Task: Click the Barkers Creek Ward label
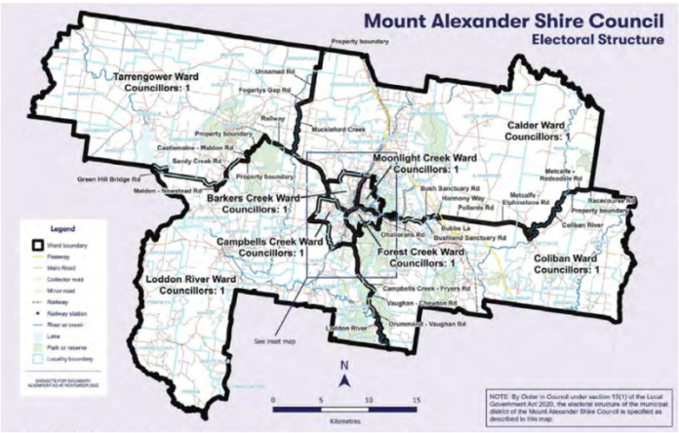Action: (x=252, y=202)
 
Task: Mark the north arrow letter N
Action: (x=345, y=366)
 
